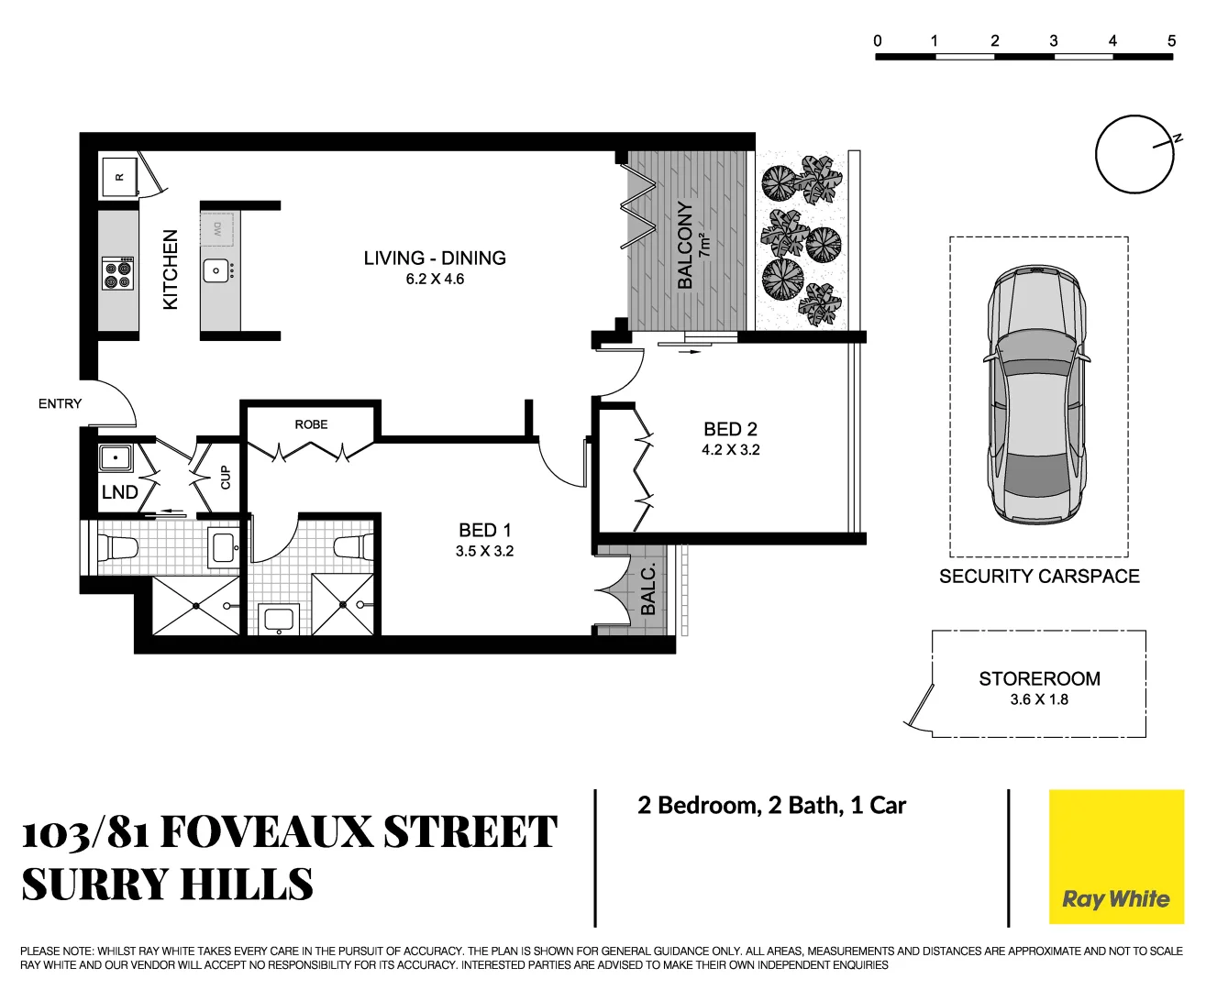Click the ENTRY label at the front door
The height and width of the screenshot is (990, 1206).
pos(60,403)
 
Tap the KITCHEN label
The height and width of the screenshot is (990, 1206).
pos(171,269)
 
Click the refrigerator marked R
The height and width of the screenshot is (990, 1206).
pos(119,175)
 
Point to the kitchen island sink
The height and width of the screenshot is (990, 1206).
pos(216,271)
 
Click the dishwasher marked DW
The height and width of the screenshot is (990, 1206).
pos(218,228)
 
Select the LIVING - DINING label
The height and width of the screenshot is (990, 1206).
pos(435,258)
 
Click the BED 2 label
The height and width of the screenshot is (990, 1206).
pos(730,429)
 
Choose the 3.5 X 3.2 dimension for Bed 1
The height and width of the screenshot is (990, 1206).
pos(484,551)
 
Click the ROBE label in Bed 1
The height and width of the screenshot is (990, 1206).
pos(311,424)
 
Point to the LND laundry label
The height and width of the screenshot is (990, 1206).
pos(120,492)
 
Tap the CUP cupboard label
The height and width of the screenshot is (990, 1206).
pos(226,478)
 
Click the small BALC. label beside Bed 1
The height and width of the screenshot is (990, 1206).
pos(647,589)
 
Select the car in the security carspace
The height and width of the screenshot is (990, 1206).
pos(1037,394)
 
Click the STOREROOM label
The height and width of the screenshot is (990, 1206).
pos(1039,679)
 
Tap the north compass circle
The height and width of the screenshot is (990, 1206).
pos(1134,154)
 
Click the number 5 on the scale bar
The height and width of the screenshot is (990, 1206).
pos(1171,40)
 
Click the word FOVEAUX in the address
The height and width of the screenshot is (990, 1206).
pos(266,832)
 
